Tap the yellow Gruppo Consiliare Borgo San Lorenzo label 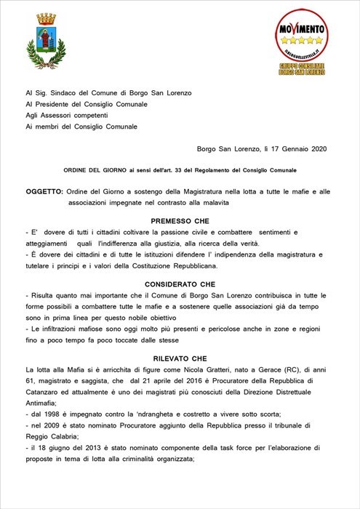pos(300,70)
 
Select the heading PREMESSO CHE pos(180,220)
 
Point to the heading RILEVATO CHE pos(180,358)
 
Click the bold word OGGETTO pos(43,190)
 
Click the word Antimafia pos(43,401)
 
